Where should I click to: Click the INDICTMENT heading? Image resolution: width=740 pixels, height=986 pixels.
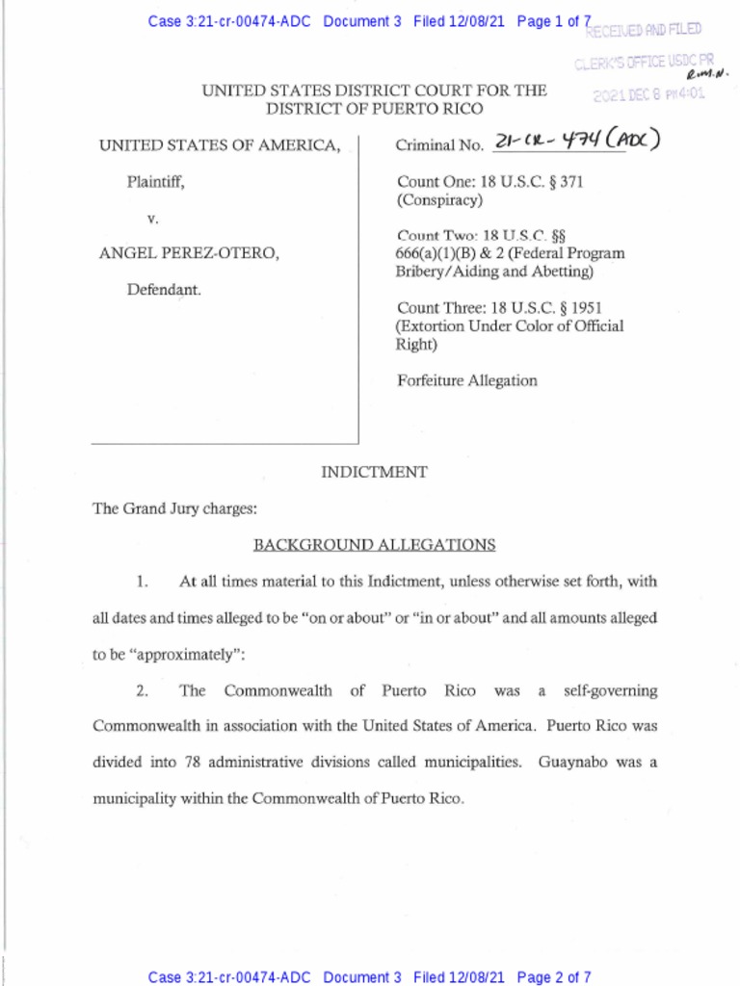point(374,472)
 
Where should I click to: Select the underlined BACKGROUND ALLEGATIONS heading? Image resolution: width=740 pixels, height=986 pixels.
point(374,545)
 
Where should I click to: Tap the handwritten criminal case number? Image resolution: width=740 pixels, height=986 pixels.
point(575,143)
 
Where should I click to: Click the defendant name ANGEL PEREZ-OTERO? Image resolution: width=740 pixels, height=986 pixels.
point(190,253)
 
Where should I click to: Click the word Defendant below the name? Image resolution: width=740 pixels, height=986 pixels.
point(165,289)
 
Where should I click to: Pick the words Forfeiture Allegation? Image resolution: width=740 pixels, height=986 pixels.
point(467,380)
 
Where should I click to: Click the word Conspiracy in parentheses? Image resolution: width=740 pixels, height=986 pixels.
point(439,200)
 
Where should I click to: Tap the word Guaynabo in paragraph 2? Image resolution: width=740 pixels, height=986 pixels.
point(572,762)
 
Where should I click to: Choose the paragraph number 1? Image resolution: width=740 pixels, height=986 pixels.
point(142,581)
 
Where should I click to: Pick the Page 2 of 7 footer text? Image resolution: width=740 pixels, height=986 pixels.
point(554,977)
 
